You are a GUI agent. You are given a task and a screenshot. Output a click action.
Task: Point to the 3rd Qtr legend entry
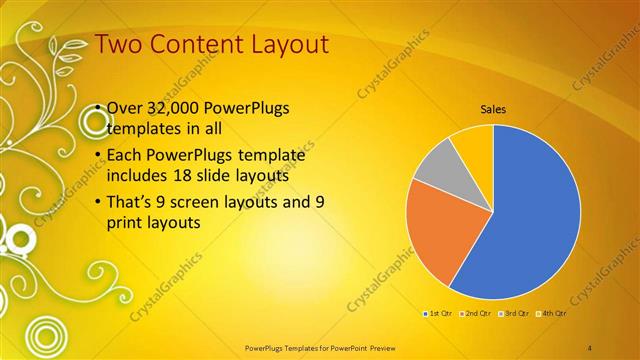513,314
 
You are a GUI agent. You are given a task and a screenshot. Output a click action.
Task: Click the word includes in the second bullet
138,175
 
